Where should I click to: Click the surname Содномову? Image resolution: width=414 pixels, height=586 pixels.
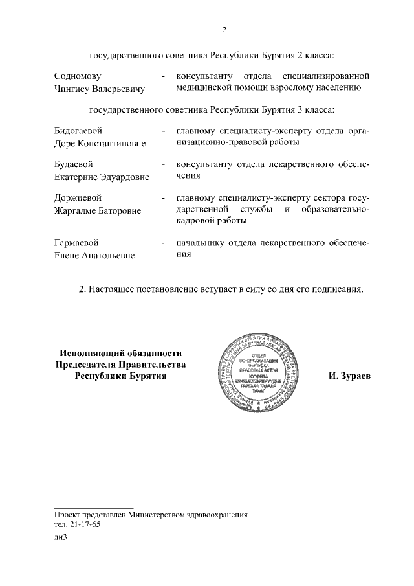point(78,76)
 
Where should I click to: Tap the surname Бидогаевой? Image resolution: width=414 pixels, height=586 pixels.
point(79,131)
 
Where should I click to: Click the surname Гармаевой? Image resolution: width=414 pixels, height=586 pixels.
point(77,243)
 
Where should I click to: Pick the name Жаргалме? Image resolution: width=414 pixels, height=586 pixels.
point(76,210)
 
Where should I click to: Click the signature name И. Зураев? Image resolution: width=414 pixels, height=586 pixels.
point(349,376)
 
